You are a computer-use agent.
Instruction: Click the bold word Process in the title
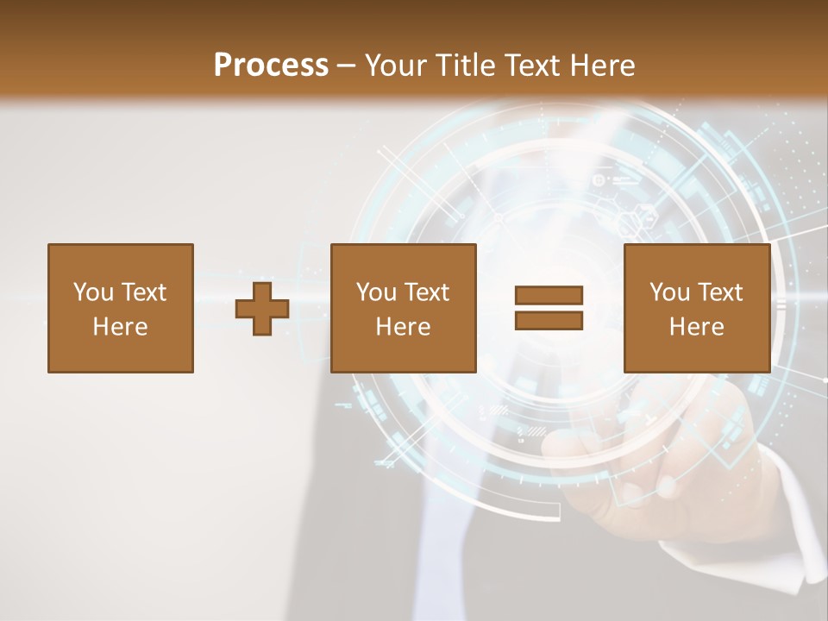click(x=271, y=66)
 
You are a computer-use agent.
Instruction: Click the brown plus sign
click(x=262, y=309)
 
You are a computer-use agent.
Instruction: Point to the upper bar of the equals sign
click(x=549, y=295)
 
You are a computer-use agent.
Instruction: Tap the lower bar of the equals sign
click(x=549, y=321)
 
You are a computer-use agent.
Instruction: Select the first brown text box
click(x=120, y=308)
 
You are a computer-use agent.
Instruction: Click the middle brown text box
click(x=403, y=308)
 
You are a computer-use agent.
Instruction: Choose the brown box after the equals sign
click(x=696, y=308)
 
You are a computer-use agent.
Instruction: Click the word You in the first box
click(x=93, y=292)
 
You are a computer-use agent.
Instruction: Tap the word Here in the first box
click(x=120, y=327)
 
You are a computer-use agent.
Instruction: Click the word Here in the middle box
click(x=403, y=327)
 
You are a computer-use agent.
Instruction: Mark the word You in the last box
click(x=669, y=292)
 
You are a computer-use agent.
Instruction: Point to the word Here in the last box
click(x=696, y=327)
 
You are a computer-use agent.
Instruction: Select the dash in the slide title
click(x=347, y=66)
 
